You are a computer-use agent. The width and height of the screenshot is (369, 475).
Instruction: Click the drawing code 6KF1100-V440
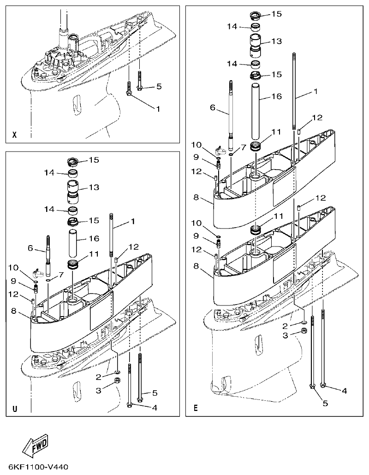(38, 467)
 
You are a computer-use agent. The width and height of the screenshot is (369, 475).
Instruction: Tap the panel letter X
(14, 135)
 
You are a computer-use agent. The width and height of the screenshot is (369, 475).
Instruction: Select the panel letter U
(15, 409)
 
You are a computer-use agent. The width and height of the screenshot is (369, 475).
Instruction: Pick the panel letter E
(196, 408)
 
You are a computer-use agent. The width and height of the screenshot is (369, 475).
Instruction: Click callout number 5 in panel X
(159, 86)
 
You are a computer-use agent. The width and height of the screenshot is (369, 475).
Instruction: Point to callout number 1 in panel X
(158, 109)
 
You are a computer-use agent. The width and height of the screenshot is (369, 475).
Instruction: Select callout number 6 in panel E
(213, 107)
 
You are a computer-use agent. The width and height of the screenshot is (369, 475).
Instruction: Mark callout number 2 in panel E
(286, 325)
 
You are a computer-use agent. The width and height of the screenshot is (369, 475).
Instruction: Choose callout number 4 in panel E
(344, 390)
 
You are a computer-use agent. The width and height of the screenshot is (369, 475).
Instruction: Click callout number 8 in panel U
(14, 311)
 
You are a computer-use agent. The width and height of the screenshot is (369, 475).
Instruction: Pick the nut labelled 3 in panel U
(117, 381)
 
